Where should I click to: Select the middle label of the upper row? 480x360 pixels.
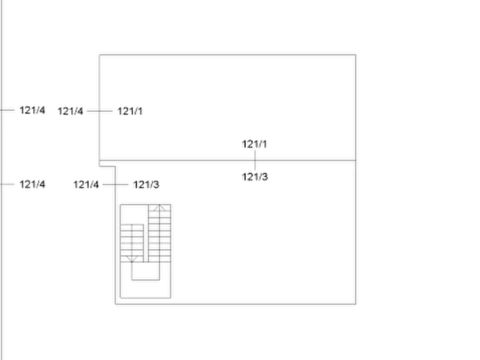click(71, 111)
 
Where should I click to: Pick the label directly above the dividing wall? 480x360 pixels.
click(255, 144)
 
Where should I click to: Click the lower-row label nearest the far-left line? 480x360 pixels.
click(33, 185)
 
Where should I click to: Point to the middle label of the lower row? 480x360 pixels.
click(86, 185)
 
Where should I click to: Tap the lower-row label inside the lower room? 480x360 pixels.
click(147, 185)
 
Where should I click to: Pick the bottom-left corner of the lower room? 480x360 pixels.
click(115, 305)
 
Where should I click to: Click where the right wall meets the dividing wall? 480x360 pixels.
click(356, 160)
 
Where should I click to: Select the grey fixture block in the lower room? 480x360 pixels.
click(147, 247)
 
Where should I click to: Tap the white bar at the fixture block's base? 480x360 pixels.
click(147, 296)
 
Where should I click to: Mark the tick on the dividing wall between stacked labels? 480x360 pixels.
click(255, 160)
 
